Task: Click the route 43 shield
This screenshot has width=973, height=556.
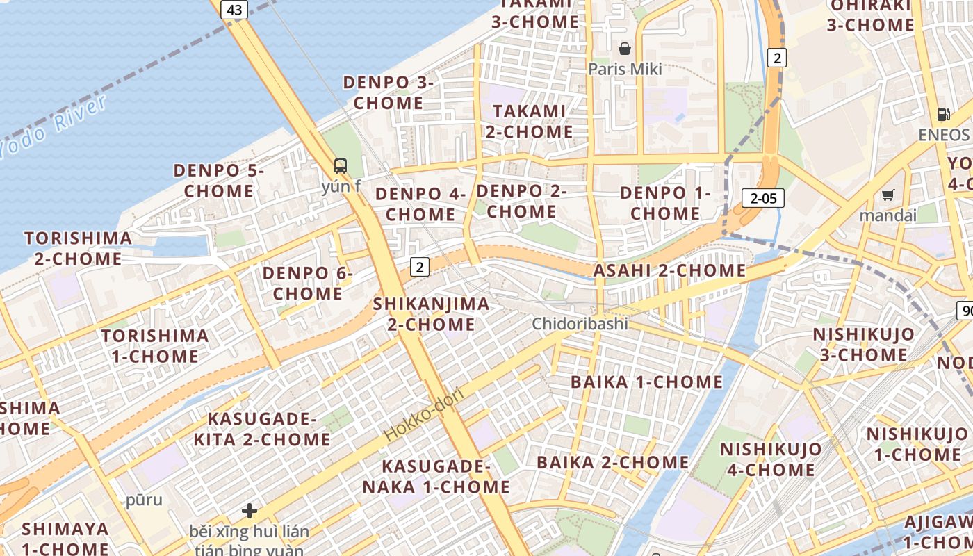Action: (234, 9)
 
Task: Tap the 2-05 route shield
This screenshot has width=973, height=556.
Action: (762, 199)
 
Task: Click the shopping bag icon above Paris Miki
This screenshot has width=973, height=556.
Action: (625, 49)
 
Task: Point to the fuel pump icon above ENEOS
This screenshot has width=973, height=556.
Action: (943, 114)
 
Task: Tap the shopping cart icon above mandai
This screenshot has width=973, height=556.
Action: (888, 195)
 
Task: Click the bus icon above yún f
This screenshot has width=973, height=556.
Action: (340, 165)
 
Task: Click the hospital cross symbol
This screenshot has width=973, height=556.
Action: (250, 512)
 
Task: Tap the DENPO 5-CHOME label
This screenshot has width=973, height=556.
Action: (219, 180)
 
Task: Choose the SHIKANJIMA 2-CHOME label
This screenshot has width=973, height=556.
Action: (431, 313)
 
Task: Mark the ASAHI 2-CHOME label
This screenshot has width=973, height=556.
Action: (669, 270)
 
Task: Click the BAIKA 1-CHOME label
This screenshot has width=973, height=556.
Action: (646, 382)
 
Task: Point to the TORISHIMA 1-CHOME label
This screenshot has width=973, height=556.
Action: (154, 345)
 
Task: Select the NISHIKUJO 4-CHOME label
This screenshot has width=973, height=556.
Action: (771, 459)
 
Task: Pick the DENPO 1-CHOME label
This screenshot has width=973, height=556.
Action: (665, 203)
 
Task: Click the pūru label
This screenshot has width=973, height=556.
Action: (144, 500)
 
